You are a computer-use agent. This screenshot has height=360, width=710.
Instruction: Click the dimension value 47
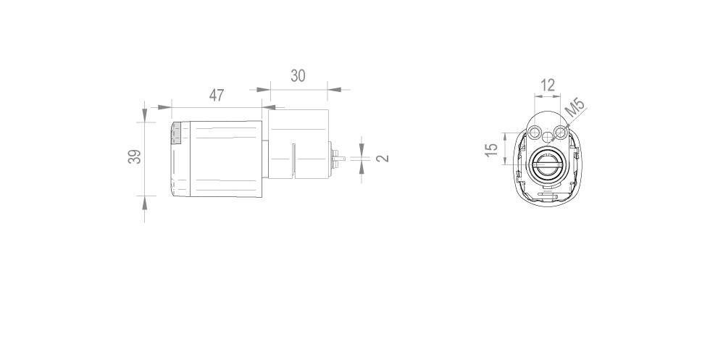click(217, 95)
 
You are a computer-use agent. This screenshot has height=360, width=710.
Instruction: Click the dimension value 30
click(298, 75)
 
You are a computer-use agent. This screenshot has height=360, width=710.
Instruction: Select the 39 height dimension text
click(135, 156)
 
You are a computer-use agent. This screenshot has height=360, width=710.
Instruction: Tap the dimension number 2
click(383, 158)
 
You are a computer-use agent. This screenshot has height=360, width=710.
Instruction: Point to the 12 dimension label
click(548, 85)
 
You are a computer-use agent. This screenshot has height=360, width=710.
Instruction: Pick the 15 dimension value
click(491, 149)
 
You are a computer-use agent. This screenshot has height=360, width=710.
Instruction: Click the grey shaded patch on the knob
click(176, 133)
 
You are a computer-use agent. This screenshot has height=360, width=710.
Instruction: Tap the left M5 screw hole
click(535, 133)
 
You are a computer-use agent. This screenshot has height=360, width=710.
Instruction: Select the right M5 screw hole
click(561, 133)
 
